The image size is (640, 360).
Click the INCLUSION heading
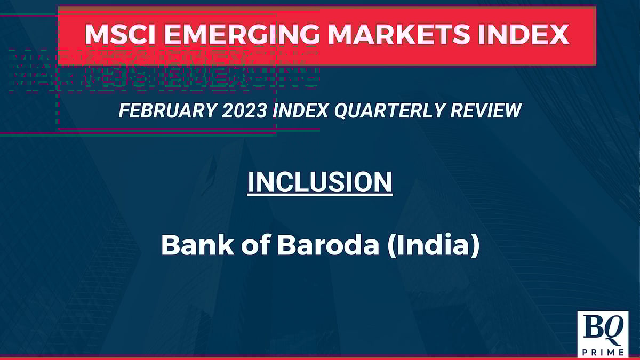320,182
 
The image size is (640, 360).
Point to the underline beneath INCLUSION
320,196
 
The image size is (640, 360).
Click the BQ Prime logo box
602,334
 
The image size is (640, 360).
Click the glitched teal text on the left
160,69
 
